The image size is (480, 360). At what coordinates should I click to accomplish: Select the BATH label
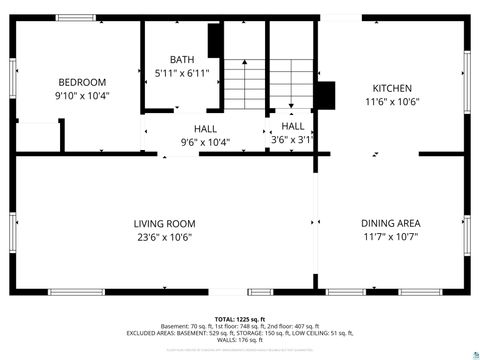182,60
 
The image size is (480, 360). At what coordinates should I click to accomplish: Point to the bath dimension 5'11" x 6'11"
182,74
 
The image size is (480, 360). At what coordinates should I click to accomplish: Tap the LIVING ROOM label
165,223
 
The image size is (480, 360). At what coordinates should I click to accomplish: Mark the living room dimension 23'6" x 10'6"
165,237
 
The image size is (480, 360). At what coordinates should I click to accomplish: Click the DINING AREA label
391,223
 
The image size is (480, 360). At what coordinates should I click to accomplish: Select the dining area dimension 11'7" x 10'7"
391,237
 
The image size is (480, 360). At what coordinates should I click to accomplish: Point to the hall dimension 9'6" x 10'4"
204,142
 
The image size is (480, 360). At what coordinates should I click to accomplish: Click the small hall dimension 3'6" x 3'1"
292,140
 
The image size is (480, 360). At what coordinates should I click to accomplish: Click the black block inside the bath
214,41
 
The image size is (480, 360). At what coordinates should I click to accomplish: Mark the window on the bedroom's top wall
77,18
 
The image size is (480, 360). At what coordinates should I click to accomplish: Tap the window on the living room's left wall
13,232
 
